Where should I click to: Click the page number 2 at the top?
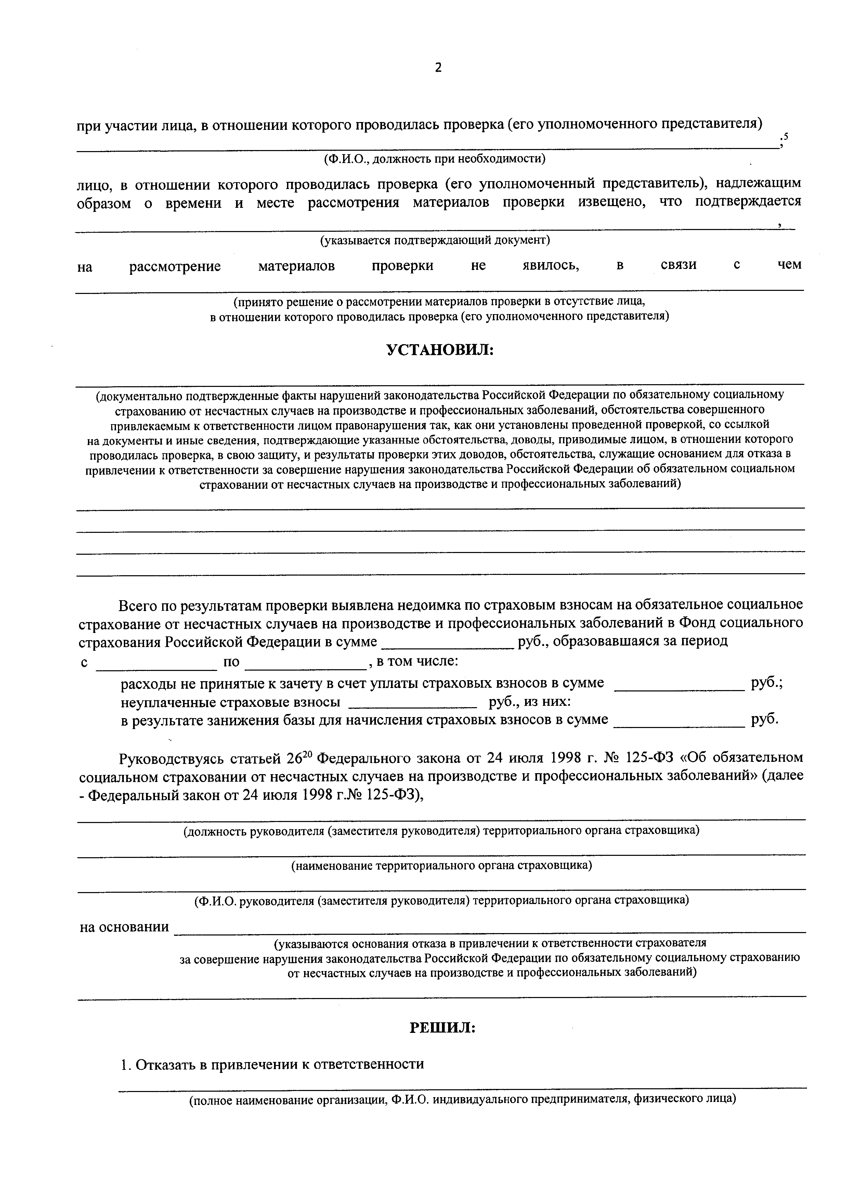point(438,67)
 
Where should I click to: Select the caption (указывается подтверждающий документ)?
point(435,240)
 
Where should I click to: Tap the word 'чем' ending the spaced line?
point(788,265)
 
